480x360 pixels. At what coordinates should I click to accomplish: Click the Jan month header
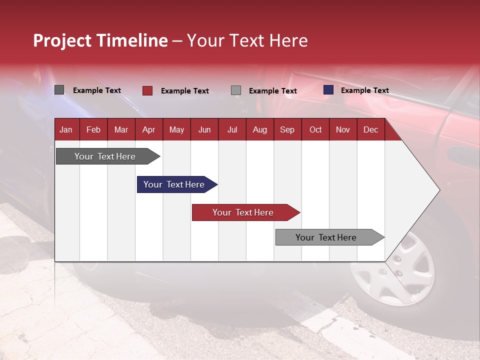[66, 130]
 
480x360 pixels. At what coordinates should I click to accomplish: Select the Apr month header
[149, 130]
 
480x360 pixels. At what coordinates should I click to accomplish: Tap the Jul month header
[232, 130]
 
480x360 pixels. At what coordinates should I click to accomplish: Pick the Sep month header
[287, 130]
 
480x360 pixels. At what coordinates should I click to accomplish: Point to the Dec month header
[370, 130]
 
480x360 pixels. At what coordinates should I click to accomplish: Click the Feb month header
[93, 130]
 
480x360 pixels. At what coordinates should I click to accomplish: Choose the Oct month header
[315, 130]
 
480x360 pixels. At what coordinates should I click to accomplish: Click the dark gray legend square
[59, 90]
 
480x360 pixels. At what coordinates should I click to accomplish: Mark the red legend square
[147, 90]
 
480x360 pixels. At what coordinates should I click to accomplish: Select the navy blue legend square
[328, 90]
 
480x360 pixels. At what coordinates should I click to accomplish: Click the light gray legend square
[236, 90]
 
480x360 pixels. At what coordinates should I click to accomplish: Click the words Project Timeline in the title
[100, 40]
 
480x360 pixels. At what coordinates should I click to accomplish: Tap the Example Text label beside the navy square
[364, 90]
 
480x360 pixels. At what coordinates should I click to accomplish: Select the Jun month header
[204, 130]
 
